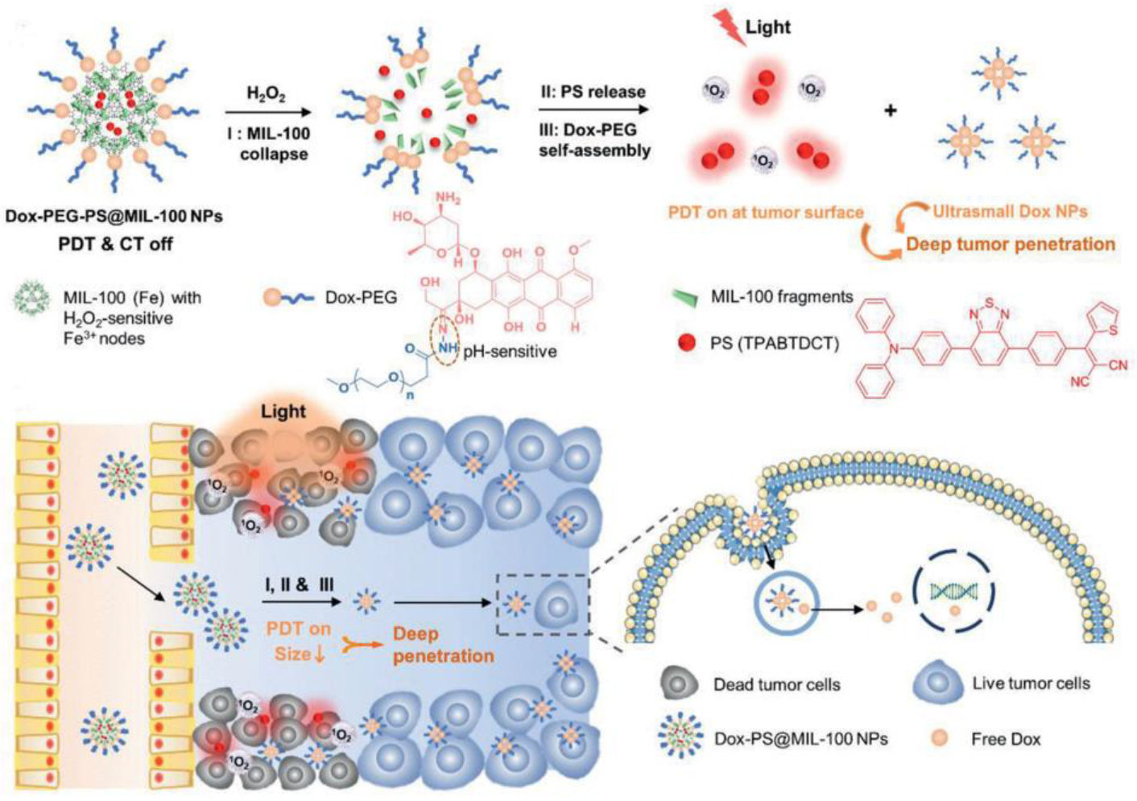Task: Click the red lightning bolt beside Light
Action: (727, 29)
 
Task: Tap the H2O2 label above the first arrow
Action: (266, 95)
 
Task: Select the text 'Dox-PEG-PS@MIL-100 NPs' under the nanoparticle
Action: (114, 217)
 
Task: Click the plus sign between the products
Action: (890, 110)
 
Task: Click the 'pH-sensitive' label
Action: (515, 352)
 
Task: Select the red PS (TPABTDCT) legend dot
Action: (687, 343)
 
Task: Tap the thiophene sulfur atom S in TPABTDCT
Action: (1112, 328)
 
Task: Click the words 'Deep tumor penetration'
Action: (1011, 244)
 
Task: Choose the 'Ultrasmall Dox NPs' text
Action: (1010, 212)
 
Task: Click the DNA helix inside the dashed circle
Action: (953, 592)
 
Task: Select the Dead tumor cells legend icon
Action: (680, 684)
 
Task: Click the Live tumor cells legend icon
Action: (937, 683)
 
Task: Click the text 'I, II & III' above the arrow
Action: (299, 585)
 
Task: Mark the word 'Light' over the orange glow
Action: (283, 411)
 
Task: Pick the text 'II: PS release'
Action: (593, 92)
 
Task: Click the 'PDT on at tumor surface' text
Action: (766, 213)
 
